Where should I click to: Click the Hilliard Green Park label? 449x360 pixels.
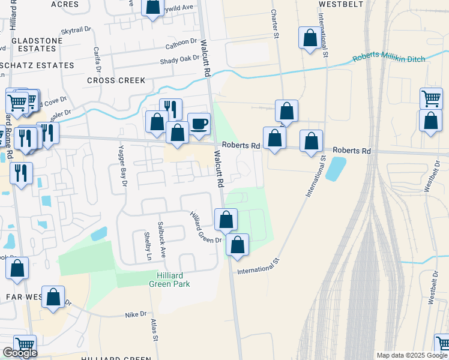click(x=173, y=279)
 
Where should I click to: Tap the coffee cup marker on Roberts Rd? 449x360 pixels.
click(x=199, y=124)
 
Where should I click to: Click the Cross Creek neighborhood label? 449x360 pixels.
click(x=116, y=80)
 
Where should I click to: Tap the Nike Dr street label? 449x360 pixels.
click(x=136, y=314)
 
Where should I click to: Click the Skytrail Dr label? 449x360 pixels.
click(x=75, y=29)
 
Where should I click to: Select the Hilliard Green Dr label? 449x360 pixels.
click(x=206, y=227)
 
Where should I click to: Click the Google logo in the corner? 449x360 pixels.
click(x=20, y=353)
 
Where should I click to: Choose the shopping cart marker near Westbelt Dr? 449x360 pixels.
click(x=431, y=98)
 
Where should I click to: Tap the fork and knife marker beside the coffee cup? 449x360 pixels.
click(x=171, y=109)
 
